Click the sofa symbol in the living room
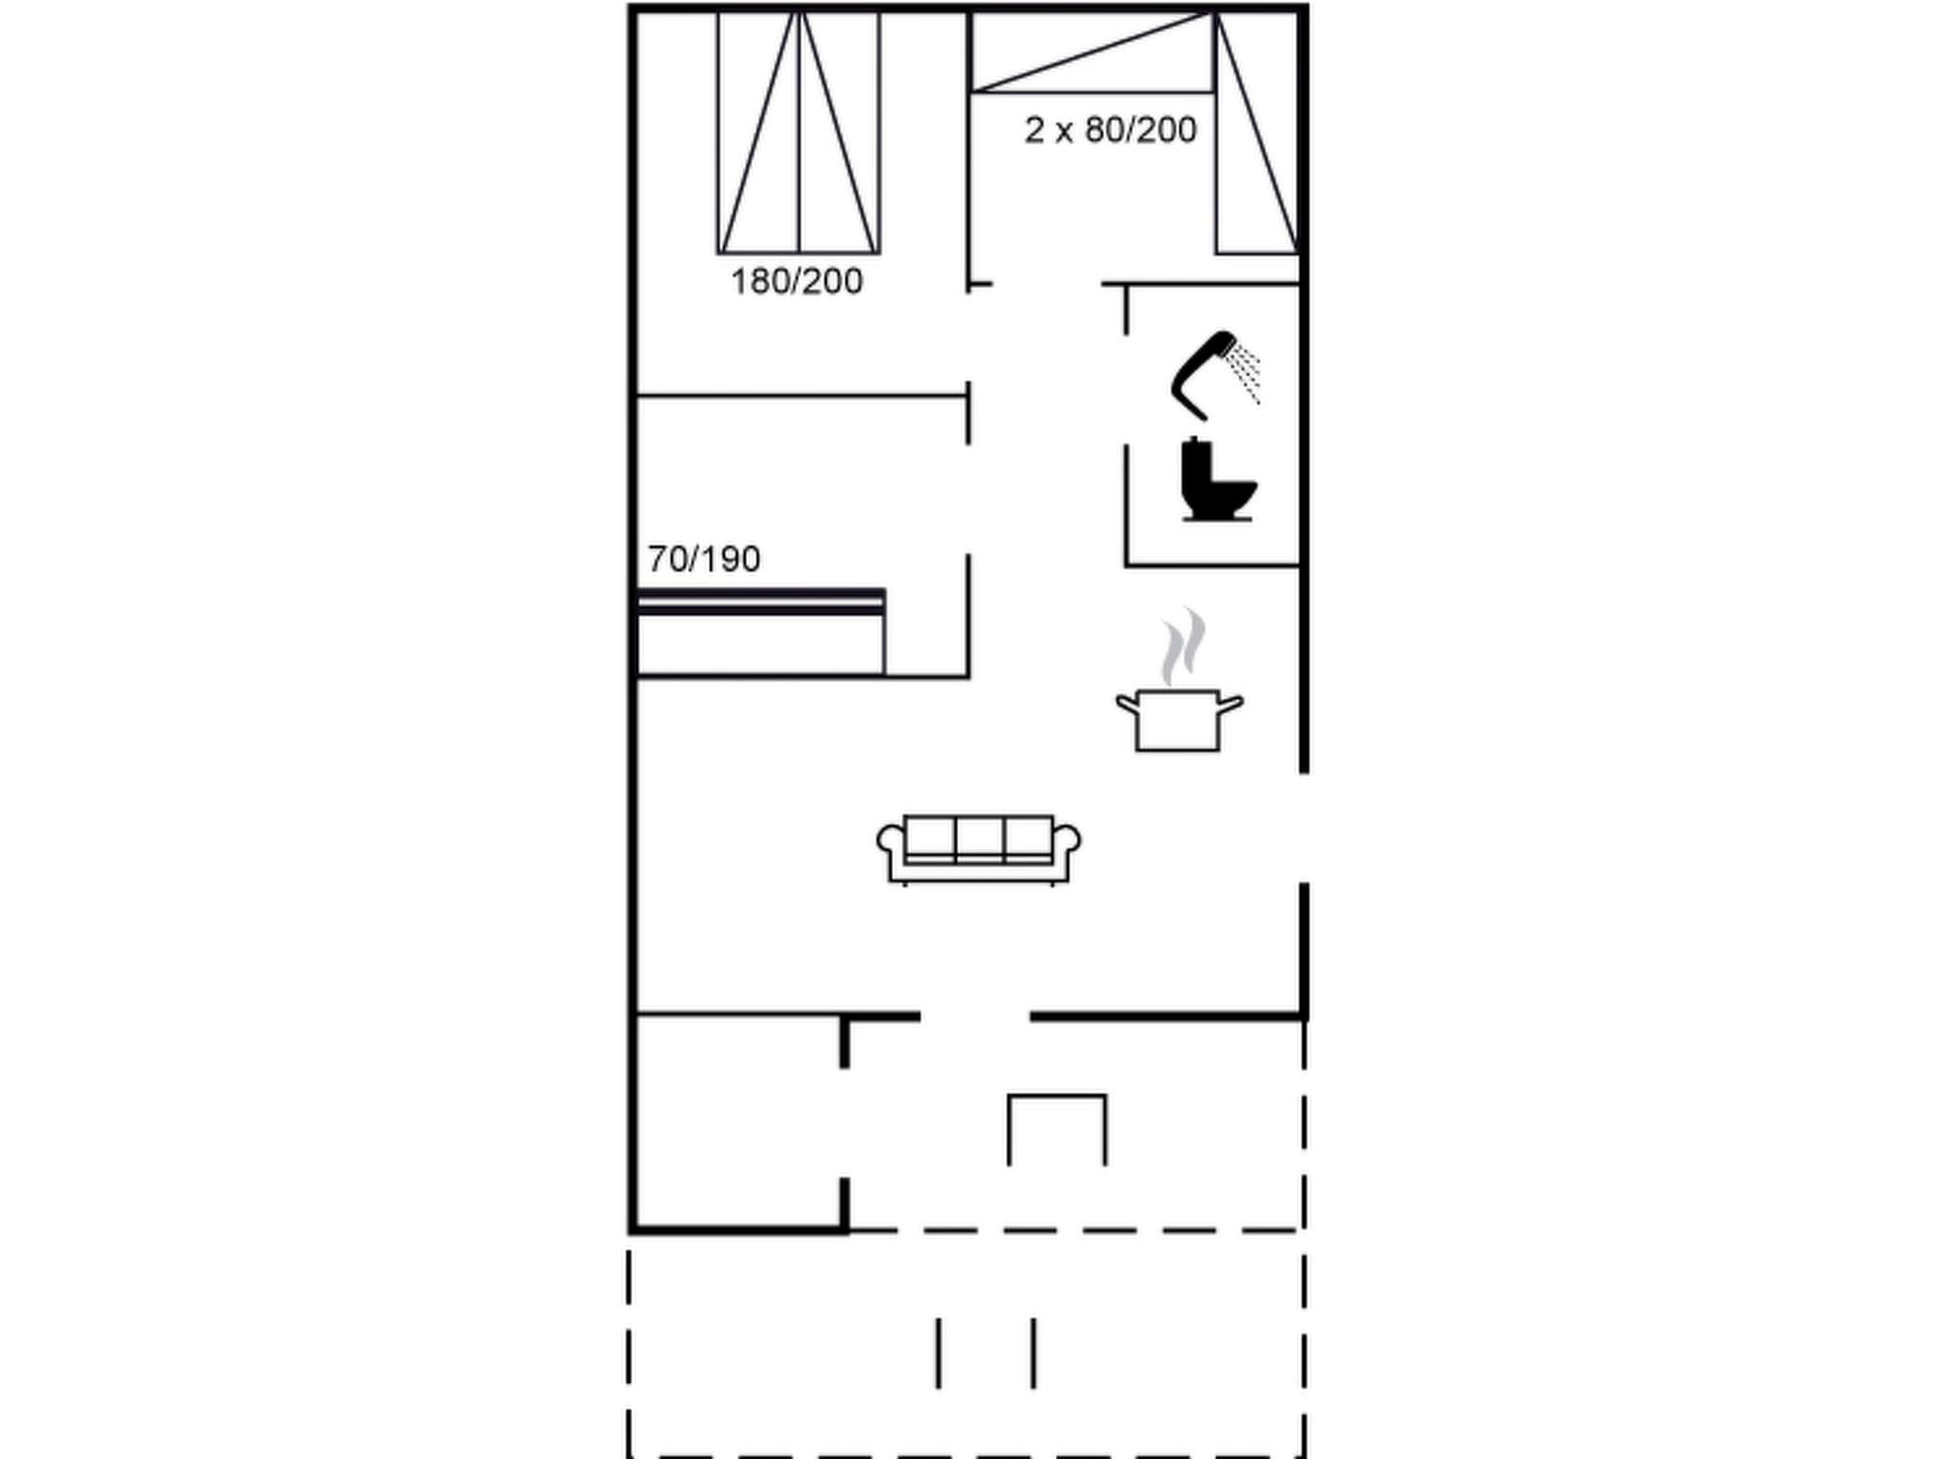click(979, 848)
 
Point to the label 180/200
click(796, 282)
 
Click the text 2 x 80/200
click(1110, 130)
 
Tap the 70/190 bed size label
click(704, 559)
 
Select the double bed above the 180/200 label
click(798, 133)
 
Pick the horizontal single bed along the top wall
click(1091, 52)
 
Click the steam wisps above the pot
click(1182, 646)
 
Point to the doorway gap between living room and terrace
click(975, 1017)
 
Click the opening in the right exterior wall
click(1304, 827)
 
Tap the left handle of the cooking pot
click(1127, 704)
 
